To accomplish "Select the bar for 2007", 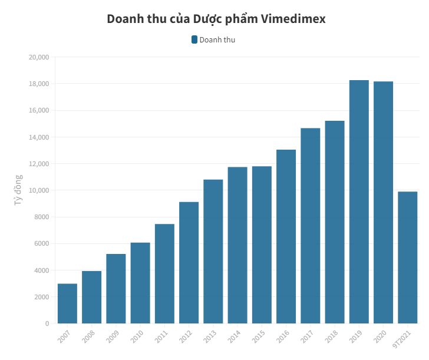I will click(x=67, y=303).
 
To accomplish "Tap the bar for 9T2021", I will click(x=407, y=257).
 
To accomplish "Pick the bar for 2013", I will click(x=213, y=251).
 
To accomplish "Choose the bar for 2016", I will click(x=286, y=236).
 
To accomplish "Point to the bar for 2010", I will click(x=140, y=283).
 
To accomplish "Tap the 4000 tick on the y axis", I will click(x=41, y=270).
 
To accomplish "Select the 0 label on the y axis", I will click(x=47, y=323).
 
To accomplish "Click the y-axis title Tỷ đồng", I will click(x=18, y=190).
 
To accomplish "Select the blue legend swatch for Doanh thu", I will click(x=194, y=39).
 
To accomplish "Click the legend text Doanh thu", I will click(x=217, y=39).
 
